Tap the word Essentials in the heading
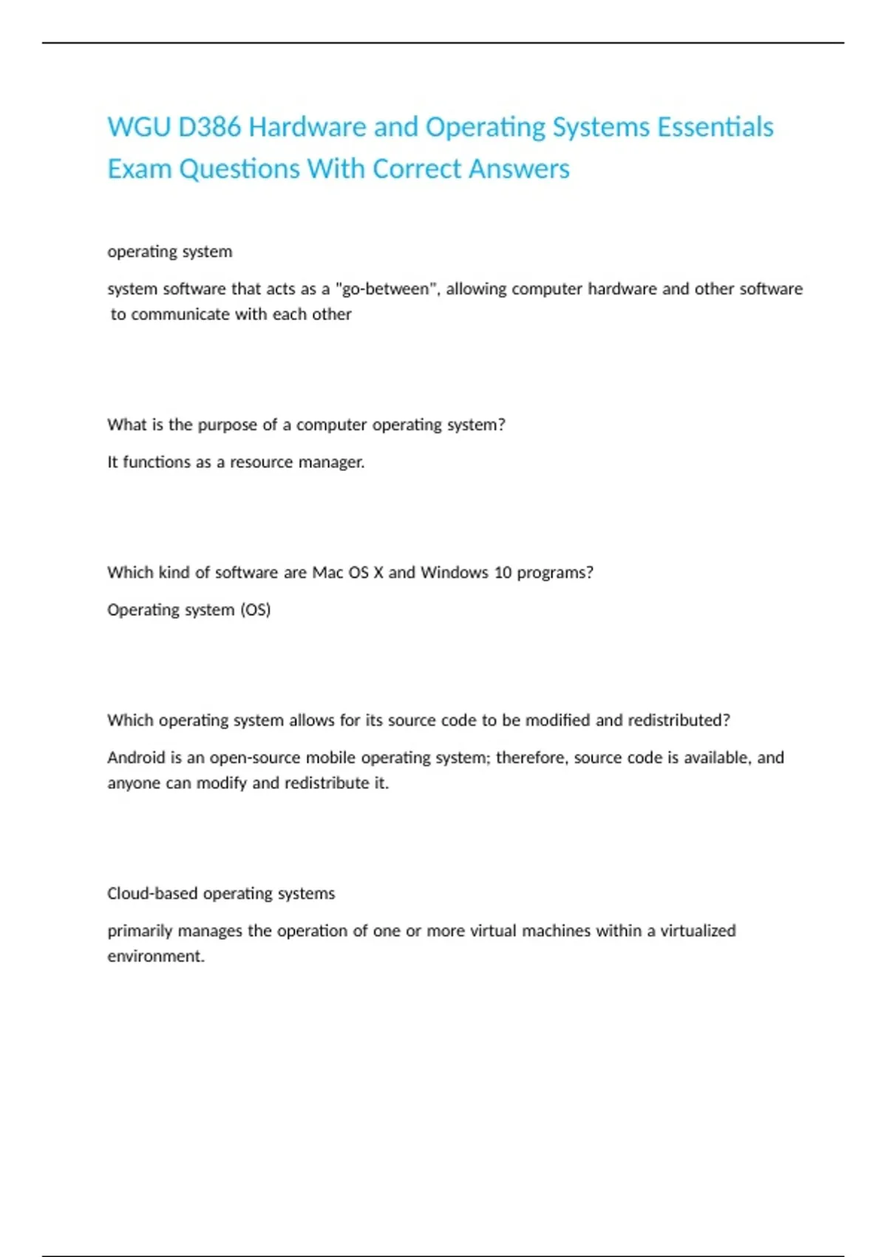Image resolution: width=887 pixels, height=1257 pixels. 715,127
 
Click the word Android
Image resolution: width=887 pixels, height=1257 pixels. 136,758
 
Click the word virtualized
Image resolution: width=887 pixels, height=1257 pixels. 698,931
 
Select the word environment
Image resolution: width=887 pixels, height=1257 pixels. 155,956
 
